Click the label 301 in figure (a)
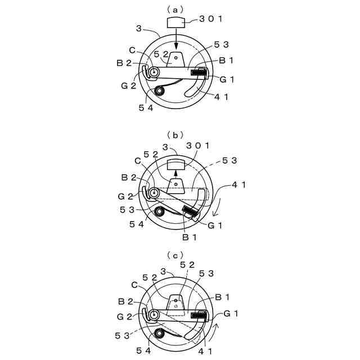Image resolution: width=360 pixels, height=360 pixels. (211, 19)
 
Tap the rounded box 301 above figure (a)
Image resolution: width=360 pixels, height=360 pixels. (176, 22)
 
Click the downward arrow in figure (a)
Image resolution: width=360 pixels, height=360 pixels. (176, 38)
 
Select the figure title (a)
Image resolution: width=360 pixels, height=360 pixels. (175, 10)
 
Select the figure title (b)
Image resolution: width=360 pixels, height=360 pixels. (175, 136)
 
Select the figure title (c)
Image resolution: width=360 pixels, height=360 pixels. (175, 255)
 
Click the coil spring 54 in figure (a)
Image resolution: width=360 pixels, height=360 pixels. (159, 91)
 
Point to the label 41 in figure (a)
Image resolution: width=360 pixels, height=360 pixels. (221, 97)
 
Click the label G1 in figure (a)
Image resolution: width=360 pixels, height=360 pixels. (227, 79)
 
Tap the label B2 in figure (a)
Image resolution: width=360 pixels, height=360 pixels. (124, 63)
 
